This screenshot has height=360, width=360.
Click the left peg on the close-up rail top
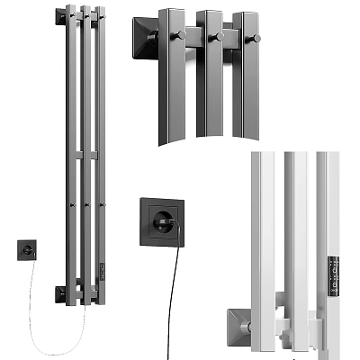pyautogui.click(x=180, y=35)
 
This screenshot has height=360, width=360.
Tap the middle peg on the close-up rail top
pyautogui.click(x=215, y=37)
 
